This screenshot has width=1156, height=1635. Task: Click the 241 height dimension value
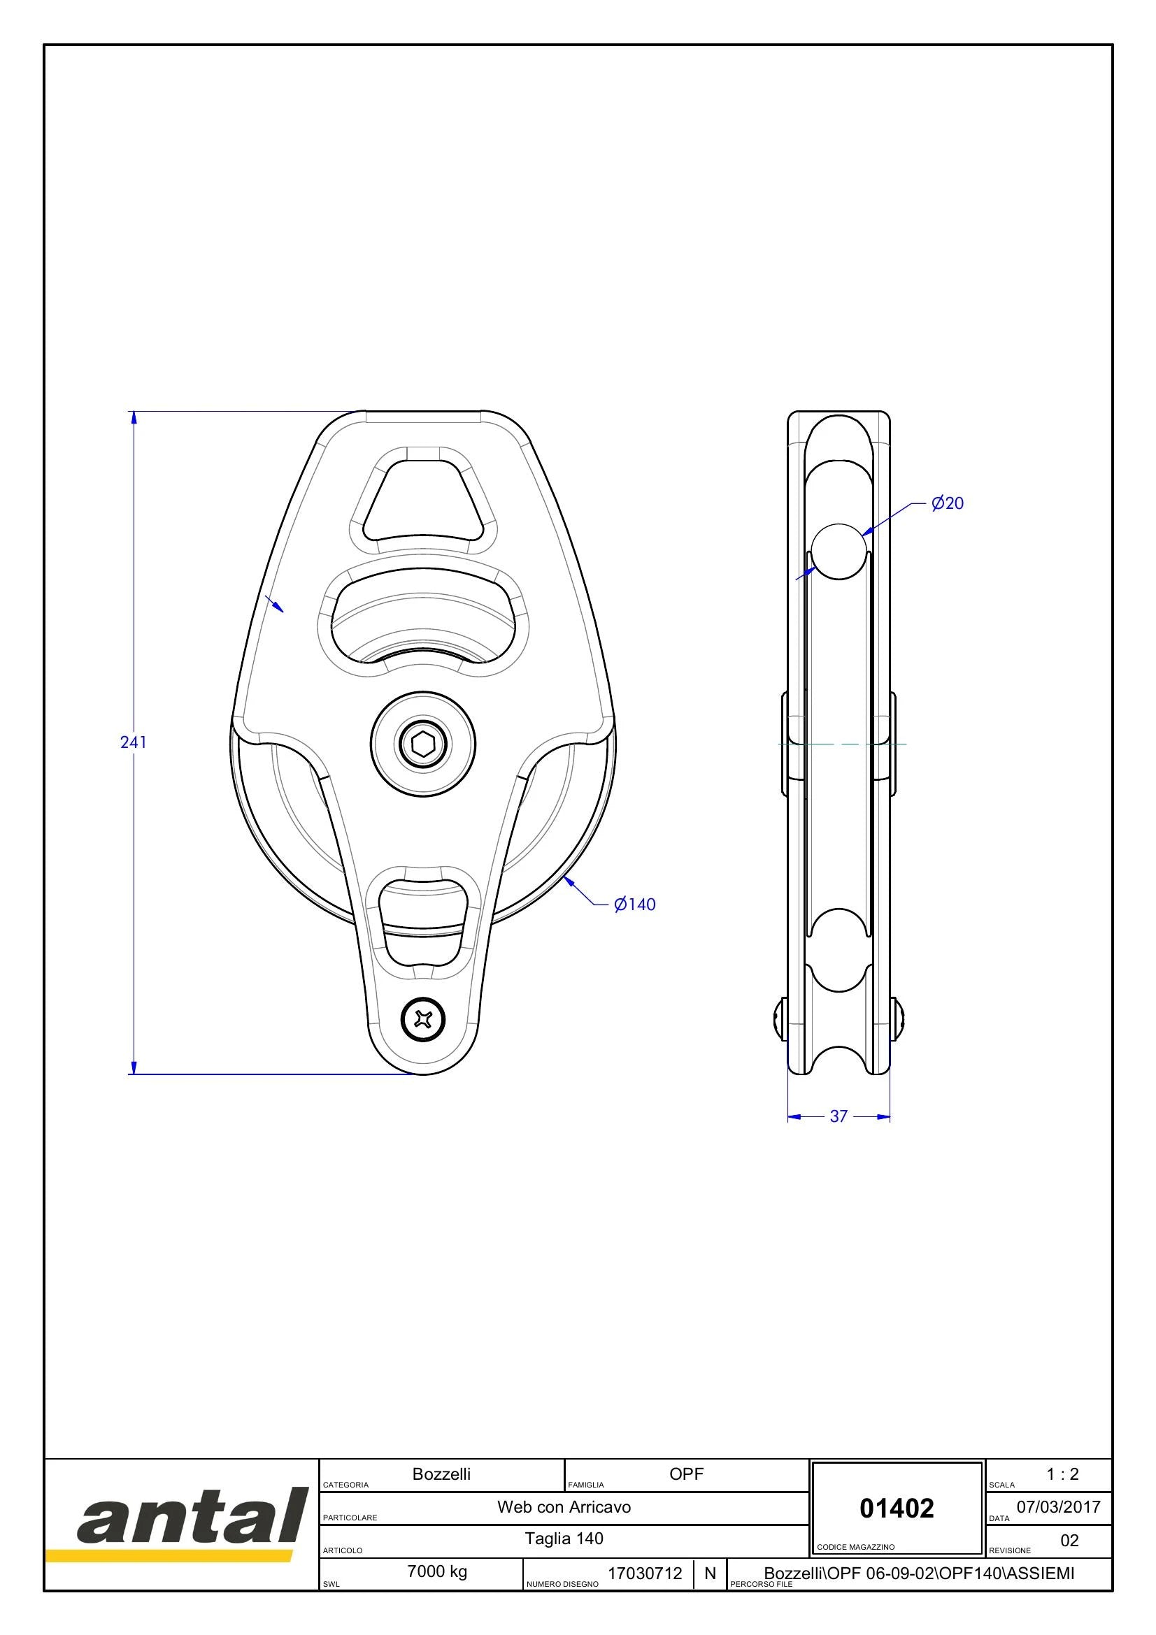click(133, 742)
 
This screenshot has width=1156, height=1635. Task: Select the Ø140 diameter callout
click(634, 905)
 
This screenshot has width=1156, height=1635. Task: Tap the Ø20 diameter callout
click(948, 503)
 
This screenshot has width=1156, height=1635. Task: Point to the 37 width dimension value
click(839, 1116)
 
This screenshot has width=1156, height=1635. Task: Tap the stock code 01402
click(897, 1508)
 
